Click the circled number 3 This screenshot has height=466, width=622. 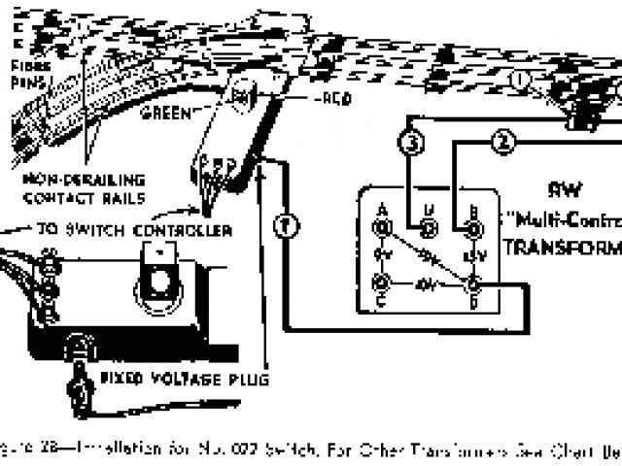coord(411,145)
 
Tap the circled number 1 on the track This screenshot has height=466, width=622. coord(522,79)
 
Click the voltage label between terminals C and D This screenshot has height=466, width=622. coord(425,286)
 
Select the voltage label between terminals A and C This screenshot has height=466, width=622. coord(382,257)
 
